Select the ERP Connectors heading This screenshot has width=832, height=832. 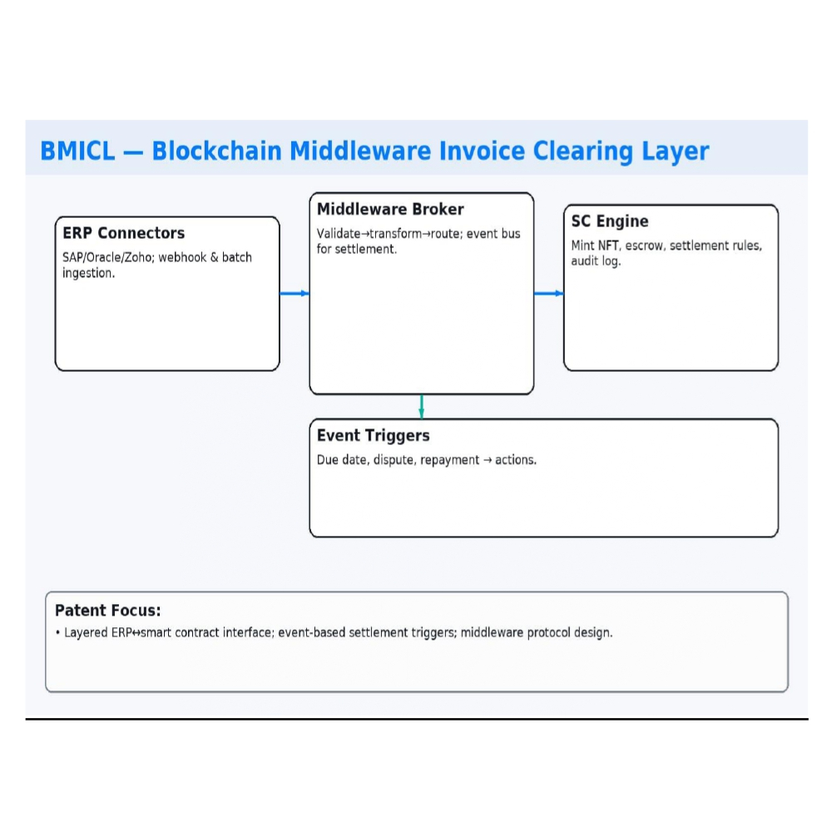coord(123,233)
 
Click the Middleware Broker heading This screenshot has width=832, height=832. coord(390,209)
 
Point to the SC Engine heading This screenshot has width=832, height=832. coord(609,221)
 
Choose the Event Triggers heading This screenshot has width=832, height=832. coord(373,435)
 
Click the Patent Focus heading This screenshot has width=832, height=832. coord(107,611)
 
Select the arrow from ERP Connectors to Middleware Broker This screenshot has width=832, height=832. coord(295,293)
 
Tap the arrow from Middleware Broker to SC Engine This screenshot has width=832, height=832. coord(548,293)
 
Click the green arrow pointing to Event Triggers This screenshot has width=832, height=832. coord(422,406)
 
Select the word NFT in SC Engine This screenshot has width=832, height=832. coord(609,246)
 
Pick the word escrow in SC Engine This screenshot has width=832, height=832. coord(643,246)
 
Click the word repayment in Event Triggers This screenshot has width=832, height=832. coord(448,460)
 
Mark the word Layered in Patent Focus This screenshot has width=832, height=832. coord(86,633)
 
